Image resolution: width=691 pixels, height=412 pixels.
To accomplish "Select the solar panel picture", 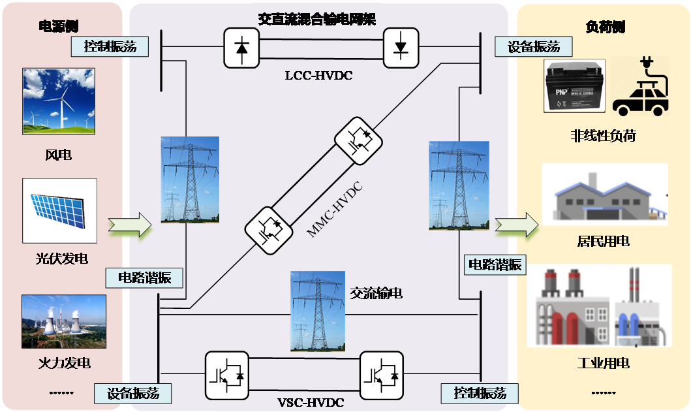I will point(59,211).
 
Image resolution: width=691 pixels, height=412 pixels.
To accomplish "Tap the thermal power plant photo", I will point(63,321).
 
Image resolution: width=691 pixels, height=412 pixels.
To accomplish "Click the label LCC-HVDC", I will point(319,76).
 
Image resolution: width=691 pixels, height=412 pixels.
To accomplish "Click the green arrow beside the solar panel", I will point(130,225).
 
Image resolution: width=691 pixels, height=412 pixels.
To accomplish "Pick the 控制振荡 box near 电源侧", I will point(110,47).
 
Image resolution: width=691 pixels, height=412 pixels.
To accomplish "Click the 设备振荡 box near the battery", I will point(533,47).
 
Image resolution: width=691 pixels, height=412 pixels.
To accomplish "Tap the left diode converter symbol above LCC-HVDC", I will point(241,48).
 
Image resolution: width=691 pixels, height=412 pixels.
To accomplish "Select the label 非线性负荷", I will point(602,136).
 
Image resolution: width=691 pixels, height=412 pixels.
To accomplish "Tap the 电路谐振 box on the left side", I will point(144,277).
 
